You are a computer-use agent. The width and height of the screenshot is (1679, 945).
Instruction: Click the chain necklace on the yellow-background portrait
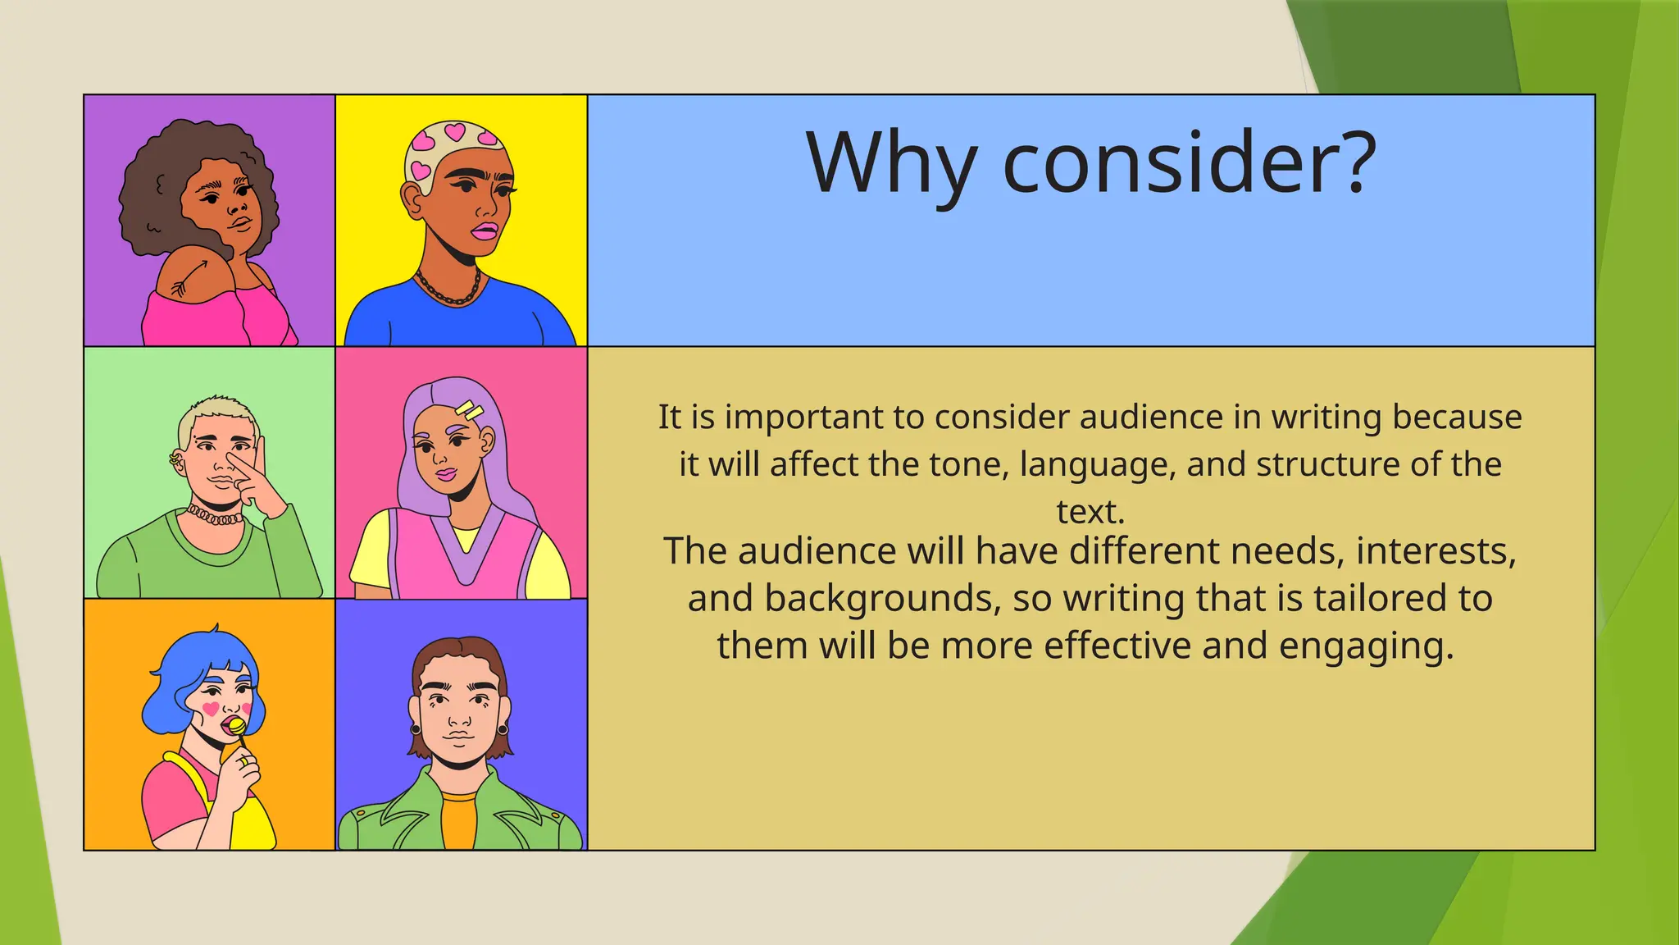448,290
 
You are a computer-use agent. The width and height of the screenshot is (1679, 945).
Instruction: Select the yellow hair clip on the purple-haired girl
470,409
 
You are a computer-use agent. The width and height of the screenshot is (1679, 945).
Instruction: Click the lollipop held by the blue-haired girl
236,727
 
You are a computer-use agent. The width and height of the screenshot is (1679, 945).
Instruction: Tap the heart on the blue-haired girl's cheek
211,708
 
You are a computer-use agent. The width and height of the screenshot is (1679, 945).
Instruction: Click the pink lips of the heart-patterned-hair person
484,231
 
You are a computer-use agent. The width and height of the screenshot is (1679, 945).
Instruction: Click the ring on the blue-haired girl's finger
243,761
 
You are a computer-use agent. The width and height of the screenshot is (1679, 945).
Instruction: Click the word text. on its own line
1090,512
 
